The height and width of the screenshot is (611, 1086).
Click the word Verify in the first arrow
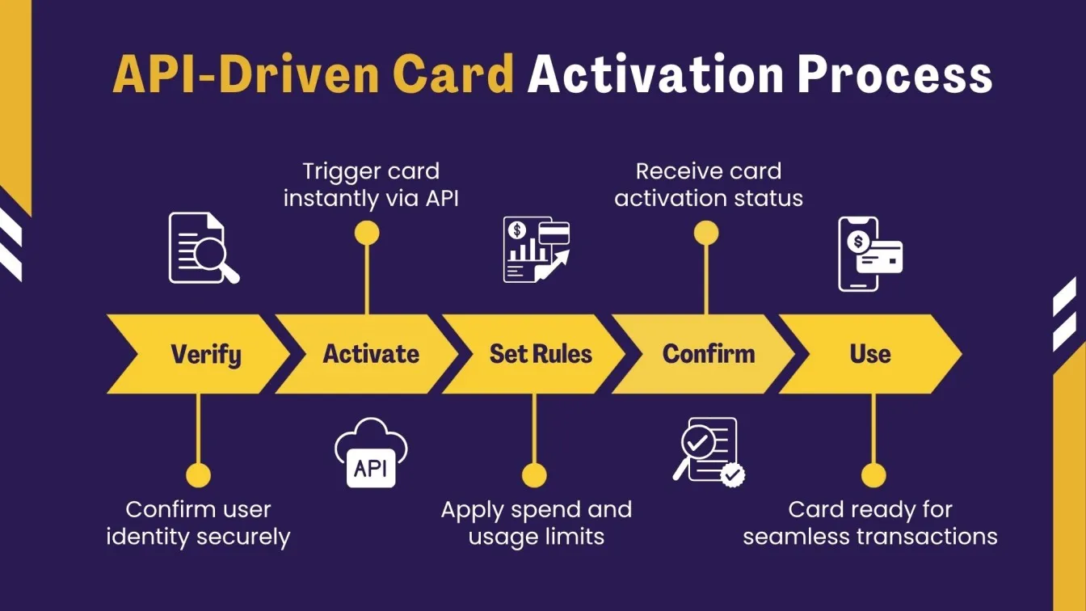click(205, 354)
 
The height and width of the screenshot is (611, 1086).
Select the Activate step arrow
click(371, 354)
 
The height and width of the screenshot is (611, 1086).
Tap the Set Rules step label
click(541, 354)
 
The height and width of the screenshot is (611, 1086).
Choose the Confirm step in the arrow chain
click(708, 354)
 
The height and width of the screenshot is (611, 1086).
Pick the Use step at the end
click(870, 354)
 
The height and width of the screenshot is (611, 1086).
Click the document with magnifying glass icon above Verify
click(203, 248)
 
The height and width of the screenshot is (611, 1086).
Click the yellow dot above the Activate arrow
click(367, 234)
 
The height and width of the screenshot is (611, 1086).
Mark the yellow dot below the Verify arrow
click(198, 475)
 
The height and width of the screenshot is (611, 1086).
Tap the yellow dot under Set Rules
click(534, 475)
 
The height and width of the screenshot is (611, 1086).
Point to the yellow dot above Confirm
click(706, 234)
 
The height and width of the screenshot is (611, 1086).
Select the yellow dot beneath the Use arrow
click(873, 475)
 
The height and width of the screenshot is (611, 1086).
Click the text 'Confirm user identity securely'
click(198, 523)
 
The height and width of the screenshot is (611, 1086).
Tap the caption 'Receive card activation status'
click(709, 185)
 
